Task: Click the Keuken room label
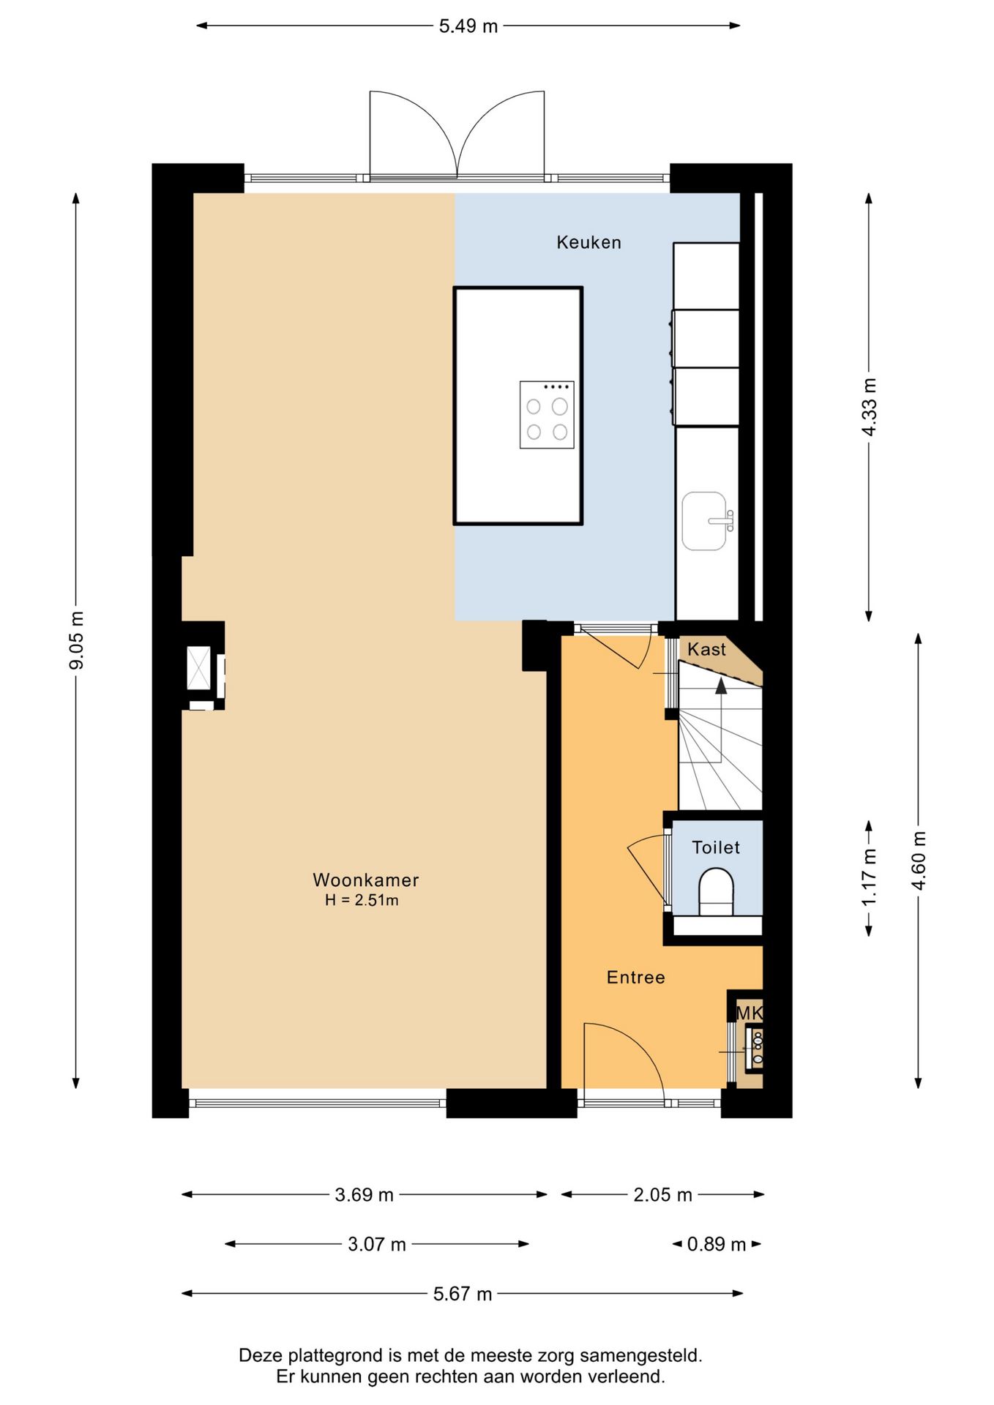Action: pos(588,242)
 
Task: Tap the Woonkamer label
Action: pos(366,880)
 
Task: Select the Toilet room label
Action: pos(716,847)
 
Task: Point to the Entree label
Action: pos(636,977)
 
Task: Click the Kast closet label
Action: pos(706,649)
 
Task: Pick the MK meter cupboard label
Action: pos(749,1013)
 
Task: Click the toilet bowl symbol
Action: pos(716,891)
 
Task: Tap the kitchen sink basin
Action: pos(704,521)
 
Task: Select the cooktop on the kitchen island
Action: pos(547,415)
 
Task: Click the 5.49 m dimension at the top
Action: pos(468,26)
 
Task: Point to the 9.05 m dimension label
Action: pos(77,640)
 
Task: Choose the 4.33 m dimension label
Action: pos(869,408)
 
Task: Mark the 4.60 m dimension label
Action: pos(919,861)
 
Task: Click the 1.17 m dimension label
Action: pos(869,877)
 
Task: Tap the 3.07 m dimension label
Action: pos(377,1244)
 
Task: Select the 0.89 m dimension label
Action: pos(717,1244)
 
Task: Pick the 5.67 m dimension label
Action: pos(463,1294)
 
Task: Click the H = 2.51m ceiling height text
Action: pos(362,900)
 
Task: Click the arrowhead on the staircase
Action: pos(721,686)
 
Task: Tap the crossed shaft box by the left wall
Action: pos(198,667)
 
